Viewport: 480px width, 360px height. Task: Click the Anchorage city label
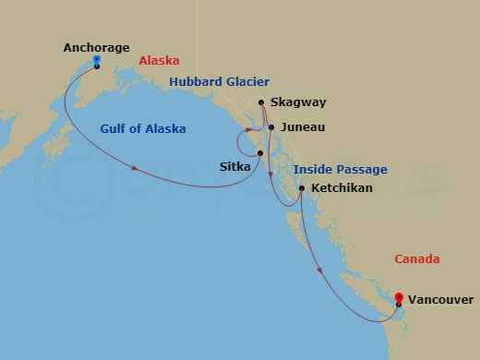click(x=96, y=47)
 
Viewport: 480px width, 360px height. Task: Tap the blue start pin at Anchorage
click(x=97, y=62)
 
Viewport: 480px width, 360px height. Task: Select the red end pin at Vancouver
click(x=398, y=297)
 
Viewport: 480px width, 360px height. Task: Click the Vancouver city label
click(x=440, y=300)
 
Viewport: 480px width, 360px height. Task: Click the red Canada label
click(x=417, y=259)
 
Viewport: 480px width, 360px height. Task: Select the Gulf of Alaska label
click(x=143, y=129)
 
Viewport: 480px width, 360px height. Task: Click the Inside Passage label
click(x=340, y=170)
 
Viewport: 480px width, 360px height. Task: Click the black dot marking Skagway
click(x=262, y=102)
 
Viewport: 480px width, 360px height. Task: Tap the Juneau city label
click(x=302, y=128)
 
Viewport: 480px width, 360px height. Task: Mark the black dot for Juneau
click(x=270, y=127)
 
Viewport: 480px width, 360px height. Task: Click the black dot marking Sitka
click(x=260, y=152)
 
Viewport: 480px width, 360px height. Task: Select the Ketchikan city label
click(x=342, y=188)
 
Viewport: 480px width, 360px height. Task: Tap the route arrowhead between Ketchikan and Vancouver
click(x=320, y=270)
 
